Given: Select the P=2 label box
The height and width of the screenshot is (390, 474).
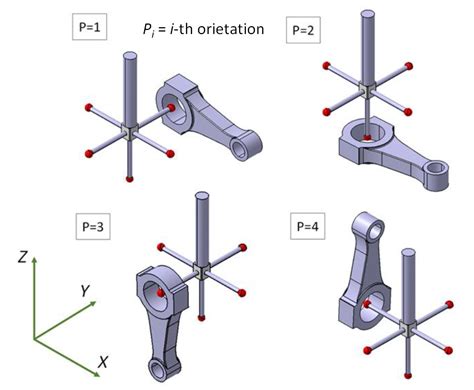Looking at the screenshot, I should [x=301, y=30].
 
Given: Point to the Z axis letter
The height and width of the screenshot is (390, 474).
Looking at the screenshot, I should [x=22, y=257].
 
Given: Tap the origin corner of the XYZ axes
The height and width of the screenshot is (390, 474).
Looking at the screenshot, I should [x=36, y=338].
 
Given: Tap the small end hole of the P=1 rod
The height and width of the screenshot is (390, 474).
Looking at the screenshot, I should [x=242, y=148].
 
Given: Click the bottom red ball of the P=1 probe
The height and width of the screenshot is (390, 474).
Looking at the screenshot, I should [x=129, y=178].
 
